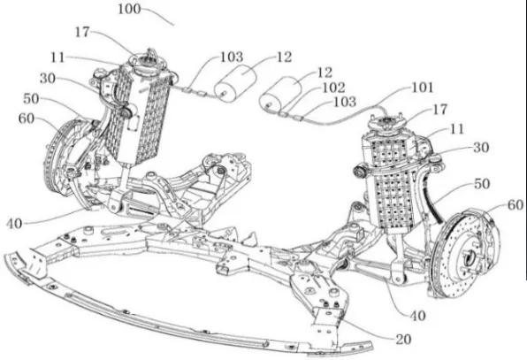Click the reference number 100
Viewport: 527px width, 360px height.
coord(129,9)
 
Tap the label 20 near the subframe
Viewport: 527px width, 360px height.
coord(403,340)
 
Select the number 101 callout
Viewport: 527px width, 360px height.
coord(424,88)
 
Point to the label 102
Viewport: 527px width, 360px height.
coord(333,88)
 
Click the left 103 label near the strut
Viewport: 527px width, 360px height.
coord(232,57)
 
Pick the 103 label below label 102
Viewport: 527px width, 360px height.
coord(345,102)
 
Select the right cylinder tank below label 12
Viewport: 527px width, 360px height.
coord(282,95)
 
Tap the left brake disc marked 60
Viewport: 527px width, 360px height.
coord(60,158)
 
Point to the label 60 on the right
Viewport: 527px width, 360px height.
coord(516,204)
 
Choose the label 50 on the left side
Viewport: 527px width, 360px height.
coord(31,99)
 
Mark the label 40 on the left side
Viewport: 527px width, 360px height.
coord(14,224)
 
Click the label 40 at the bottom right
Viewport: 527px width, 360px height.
coord(417,316)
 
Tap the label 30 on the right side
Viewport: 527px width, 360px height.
coord(481,147)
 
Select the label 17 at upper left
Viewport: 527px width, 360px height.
coord(82,32)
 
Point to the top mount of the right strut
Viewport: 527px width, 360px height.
coord(386,125)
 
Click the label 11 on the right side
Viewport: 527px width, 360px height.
coord(457,129)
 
